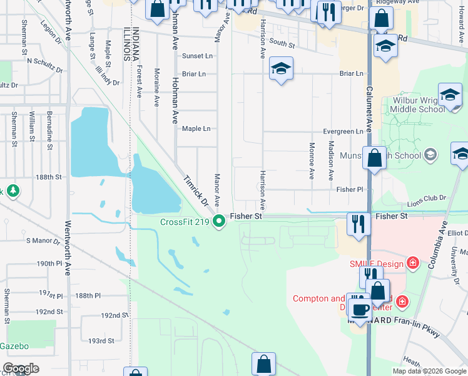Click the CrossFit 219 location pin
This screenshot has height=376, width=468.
(219, 221)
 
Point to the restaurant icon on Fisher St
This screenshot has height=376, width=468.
(358, 224)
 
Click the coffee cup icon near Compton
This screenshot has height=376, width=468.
(360, 310)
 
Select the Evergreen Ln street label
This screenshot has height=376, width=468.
(343, 132)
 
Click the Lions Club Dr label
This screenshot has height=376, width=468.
(425, 197)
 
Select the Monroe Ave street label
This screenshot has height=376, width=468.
(311, 160)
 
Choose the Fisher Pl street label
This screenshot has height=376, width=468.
(349, 189)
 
